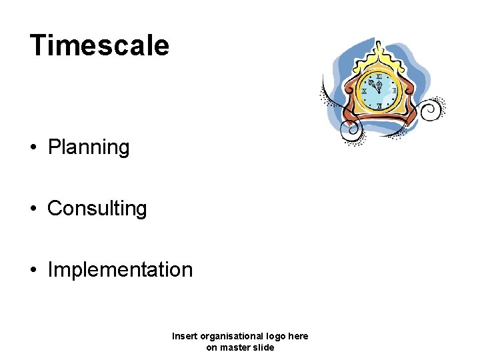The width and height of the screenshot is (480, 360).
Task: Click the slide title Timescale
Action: click(99, 46)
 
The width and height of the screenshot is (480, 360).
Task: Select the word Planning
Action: click(89, 147)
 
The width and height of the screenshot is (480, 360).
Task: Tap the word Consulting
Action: click(97, 209)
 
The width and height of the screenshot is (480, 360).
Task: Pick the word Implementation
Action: click(120, 270)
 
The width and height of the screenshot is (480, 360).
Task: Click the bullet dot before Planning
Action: click(33, 148)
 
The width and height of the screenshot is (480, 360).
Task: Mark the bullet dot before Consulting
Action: click(33, 209)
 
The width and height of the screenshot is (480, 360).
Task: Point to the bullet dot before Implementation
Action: click(33, 271)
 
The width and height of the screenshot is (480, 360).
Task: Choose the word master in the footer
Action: click(236, 347)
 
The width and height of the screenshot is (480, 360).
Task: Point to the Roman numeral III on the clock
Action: click(394, 91)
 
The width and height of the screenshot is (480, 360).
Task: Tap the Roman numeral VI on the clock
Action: click(379, 105)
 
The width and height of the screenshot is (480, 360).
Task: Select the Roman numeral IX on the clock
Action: click(364, 91)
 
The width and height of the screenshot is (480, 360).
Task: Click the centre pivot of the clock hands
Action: click(379, 91)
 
